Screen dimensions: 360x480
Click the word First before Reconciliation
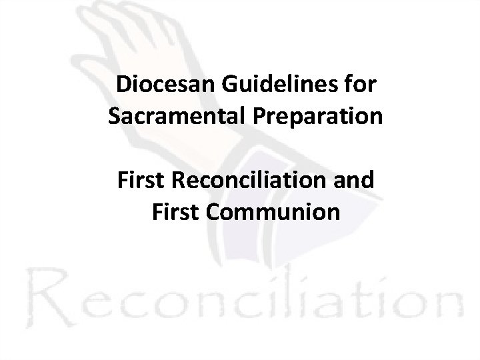click(139, 181)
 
